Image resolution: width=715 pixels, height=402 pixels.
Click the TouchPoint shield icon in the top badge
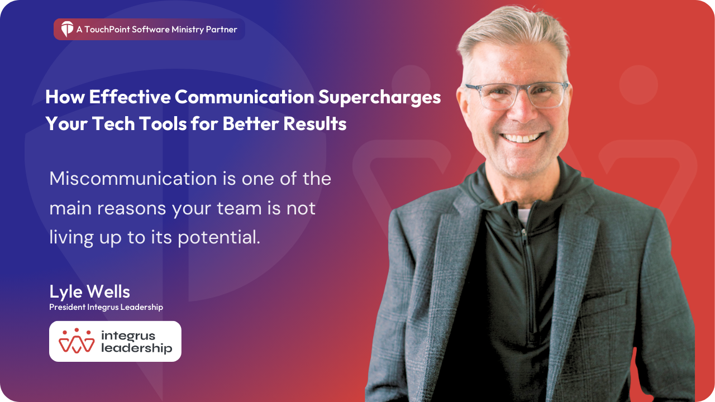67,29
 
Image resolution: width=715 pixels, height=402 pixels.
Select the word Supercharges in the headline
379,97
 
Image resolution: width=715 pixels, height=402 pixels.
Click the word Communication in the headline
244,97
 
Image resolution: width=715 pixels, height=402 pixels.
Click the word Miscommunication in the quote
133,178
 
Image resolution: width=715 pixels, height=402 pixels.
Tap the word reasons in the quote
131,209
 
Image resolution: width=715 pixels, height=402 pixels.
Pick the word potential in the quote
219,237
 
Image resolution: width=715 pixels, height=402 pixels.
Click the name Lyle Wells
90,291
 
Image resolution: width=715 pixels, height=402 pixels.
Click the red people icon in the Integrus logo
77,341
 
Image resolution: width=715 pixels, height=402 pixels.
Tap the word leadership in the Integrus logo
137,348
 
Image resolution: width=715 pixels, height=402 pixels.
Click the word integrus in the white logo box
128,336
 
